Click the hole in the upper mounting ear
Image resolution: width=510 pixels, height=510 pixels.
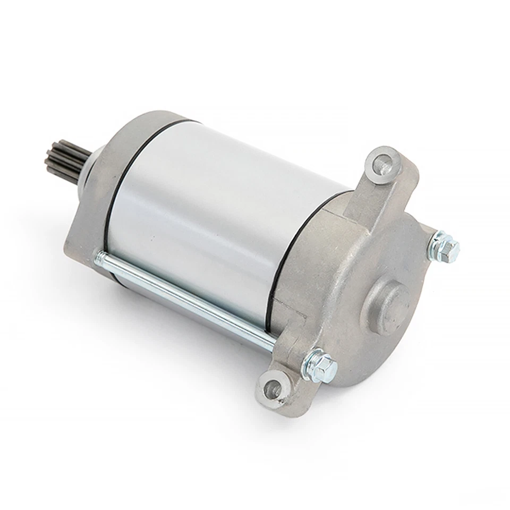tap(381, 164)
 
